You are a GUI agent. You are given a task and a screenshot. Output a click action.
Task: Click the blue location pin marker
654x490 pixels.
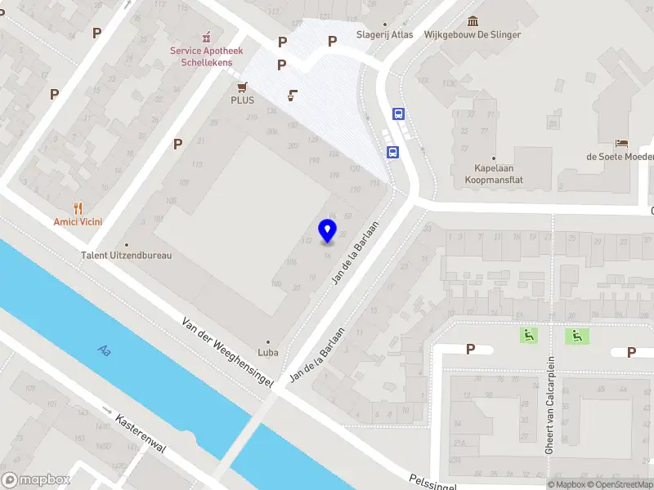coord(328,230)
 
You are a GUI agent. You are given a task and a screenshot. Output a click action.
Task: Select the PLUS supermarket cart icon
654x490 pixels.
coord(242,87)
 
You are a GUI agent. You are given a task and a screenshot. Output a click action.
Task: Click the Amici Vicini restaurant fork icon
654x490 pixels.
coord(78,208)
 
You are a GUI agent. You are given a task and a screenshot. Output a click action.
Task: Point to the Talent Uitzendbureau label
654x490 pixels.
coord(127,255)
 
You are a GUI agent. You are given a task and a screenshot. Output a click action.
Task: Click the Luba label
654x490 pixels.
coord(268,352)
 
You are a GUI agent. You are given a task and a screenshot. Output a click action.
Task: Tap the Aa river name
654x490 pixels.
coord(104,350)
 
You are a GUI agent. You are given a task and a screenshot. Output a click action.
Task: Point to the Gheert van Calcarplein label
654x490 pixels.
coord(550,405)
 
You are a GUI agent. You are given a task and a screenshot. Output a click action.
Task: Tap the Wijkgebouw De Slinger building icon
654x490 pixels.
coord(473,21)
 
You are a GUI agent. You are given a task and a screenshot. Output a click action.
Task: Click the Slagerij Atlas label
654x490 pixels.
coord(383,34)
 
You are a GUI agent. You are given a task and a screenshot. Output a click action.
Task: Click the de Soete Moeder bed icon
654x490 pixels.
coord(622,143)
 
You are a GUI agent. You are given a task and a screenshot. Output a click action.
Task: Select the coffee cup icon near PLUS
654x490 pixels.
coord(292,96)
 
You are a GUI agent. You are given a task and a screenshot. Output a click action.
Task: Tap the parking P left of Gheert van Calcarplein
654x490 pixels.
coord(470,350)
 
